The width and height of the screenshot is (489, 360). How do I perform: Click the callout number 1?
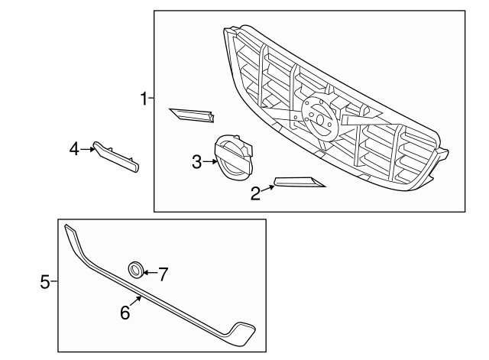pos(143,98)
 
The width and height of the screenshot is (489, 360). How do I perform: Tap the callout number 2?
pos(255,193)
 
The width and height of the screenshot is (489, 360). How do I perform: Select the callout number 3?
pos(197,161)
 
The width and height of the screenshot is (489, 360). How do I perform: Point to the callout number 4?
pos(74,148)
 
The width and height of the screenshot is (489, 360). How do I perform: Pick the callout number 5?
pos(44,283)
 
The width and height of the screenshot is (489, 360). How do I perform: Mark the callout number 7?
pos(162,273)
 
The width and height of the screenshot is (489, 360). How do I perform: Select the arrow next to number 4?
pos(88,148)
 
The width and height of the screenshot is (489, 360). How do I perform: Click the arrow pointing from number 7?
pos(148,271)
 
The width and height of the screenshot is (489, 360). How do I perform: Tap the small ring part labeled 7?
pos(135,269)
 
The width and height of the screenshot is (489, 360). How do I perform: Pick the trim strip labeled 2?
pos(299,181)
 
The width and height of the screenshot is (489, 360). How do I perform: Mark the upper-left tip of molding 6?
pos(68,229)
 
